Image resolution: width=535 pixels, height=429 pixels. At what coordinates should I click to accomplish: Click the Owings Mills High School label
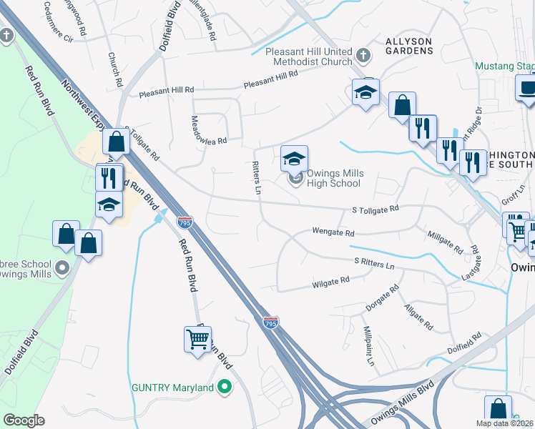click(x=335, y=179)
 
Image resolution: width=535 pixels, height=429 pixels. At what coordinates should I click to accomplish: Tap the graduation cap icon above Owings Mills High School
click(x=294, y=159)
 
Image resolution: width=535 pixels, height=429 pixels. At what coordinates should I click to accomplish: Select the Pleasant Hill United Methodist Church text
click(x=308, y=57)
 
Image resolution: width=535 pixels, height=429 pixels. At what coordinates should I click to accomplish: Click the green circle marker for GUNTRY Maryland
click(x=225, y=388)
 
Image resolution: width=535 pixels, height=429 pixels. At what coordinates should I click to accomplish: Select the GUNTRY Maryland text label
click(x=173, y=388)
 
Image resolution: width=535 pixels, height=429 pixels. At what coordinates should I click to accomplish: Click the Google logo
click(x=24, y=420)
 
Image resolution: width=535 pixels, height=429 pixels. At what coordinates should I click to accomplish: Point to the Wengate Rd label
click(x=333, y=232)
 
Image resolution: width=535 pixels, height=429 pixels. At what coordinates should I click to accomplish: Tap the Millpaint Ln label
click(x=368, y=347)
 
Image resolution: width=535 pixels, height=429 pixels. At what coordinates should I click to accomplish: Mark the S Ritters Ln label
click(x=373, y=263)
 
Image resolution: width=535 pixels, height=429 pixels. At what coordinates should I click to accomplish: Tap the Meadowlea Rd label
click(x=209, y=130)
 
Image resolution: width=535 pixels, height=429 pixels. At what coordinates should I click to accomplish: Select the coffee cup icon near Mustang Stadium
click(x=528, y=87)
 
